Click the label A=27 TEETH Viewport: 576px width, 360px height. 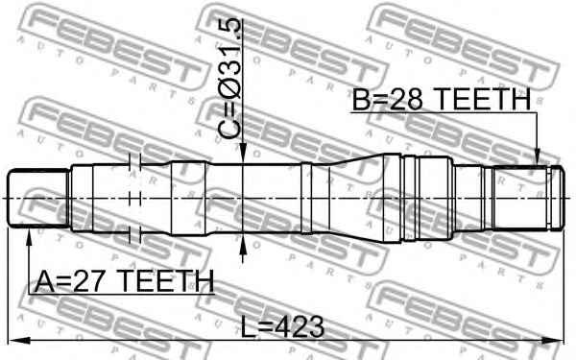pyautogui.click(x=124, y=281)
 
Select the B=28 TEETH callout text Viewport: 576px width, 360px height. pyautogui.click(x=442, y=99)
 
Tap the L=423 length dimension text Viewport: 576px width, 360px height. pyautogui.click(x=282, y=327)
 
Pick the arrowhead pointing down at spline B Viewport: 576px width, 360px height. pyautogui.click(x=537, y=156)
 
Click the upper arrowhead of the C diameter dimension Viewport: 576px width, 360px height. pyautogui.click(x=243, y=154)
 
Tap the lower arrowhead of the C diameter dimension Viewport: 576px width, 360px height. pyautogui.click(x=243, y=245)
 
